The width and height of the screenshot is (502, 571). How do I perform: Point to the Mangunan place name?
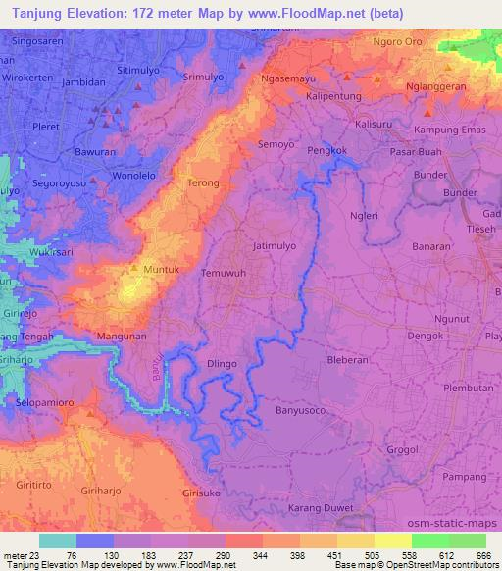[x=121, y=336]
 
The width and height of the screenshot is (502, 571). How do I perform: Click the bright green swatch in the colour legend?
[x=430, y=541]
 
